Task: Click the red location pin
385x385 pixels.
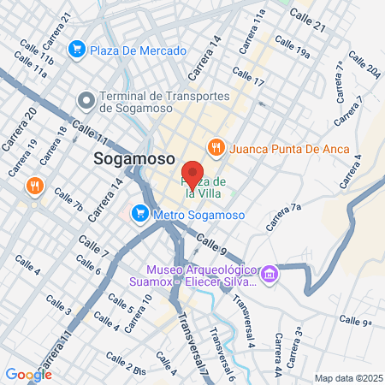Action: coord(192,170)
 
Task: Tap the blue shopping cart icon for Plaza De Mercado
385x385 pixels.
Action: coord(78,49)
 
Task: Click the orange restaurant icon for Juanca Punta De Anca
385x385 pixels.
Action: coord(216,148)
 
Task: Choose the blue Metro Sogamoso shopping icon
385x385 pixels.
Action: coord(139,212)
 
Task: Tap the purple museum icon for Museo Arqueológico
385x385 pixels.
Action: coord(270,274)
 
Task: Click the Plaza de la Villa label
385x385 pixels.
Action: coord(203,187)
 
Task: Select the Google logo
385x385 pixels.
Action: coord(28,374)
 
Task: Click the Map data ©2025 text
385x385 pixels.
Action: coord(346,377)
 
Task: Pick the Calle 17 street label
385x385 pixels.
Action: coord(248,76)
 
